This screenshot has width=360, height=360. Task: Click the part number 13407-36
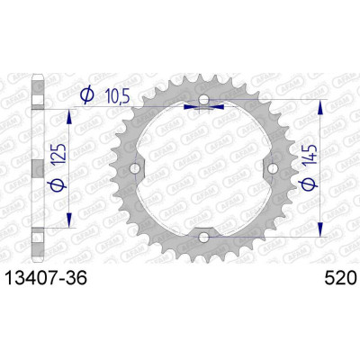tap(47, 278)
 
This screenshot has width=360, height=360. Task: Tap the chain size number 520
tap(340, 278)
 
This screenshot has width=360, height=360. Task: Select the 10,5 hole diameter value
tap(117, 96)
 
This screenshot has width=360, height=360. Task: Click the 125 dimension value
tap(58, 154)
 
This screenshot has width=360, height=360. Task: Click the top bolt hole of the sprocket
tap(203, 99)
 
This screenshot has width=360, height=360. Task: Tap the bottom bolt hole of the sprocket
tap(203, 238)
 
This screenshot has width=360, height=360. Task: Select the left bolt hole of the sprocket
tap(135, 168)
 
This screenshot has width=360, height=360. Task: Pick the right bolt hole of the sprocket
tap(273, 168)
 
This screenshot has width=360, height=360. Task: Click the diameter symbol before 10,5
tap(87, 94)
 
